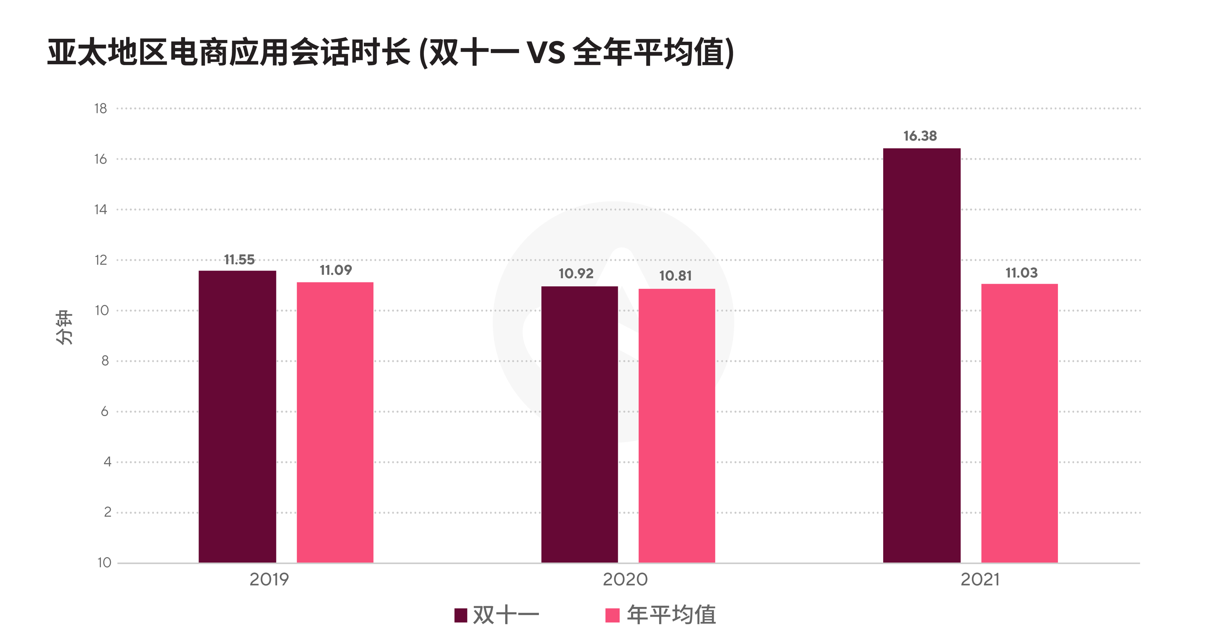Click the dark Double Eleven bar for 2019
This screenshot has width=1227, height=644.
point(237,417)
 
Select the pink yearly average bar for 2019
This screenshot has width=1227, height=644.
point(335,423)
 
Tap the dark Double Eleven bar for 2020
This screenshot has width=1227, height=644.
point(579,424)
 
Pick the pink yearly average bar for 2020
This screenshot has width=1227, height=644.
point(677,426)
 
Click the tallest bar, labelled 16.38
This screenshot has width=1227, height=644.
point(922,355)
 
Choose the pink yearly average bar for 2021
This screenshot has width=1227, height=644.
point(1020,423)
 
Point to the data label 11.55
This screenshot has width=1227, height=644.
point(239,259)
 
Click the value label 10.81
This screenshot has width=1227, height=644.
point(675,276)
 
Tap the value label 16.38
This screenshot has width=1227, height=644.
point(920,136)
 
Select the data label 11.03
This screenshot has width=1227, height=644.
point(1021,273)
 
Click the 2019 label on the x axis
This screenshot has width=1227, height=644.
point(269,580)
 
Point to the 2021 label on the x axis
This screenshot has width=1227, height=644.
point(980,580)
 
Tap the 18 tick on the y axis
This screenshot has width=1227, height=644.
point(101,109)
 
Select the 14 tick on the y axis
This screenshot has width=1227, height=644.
point(101,210)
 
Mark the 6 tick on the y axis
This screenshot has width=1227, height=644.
point(105,411)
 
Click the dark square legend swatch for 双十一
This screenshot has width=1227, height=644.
point(461,615)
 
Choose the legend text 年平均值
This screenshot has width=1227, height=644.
point(671,615)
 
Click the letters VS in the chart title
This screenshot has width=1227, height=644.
point(546,52)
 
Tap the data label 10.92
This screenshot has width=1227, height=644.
point(576,273)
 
